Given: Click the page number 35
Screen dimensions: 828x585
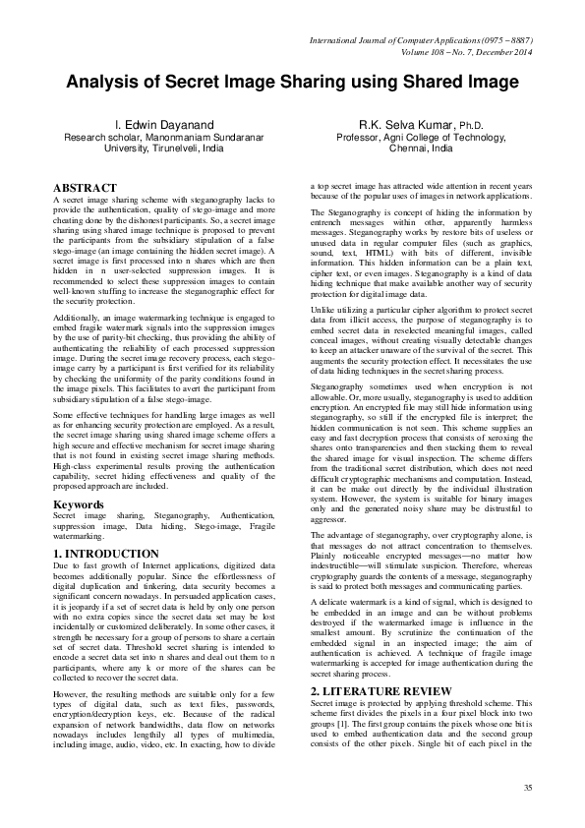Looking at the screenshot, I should click(x=527, y=789).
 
